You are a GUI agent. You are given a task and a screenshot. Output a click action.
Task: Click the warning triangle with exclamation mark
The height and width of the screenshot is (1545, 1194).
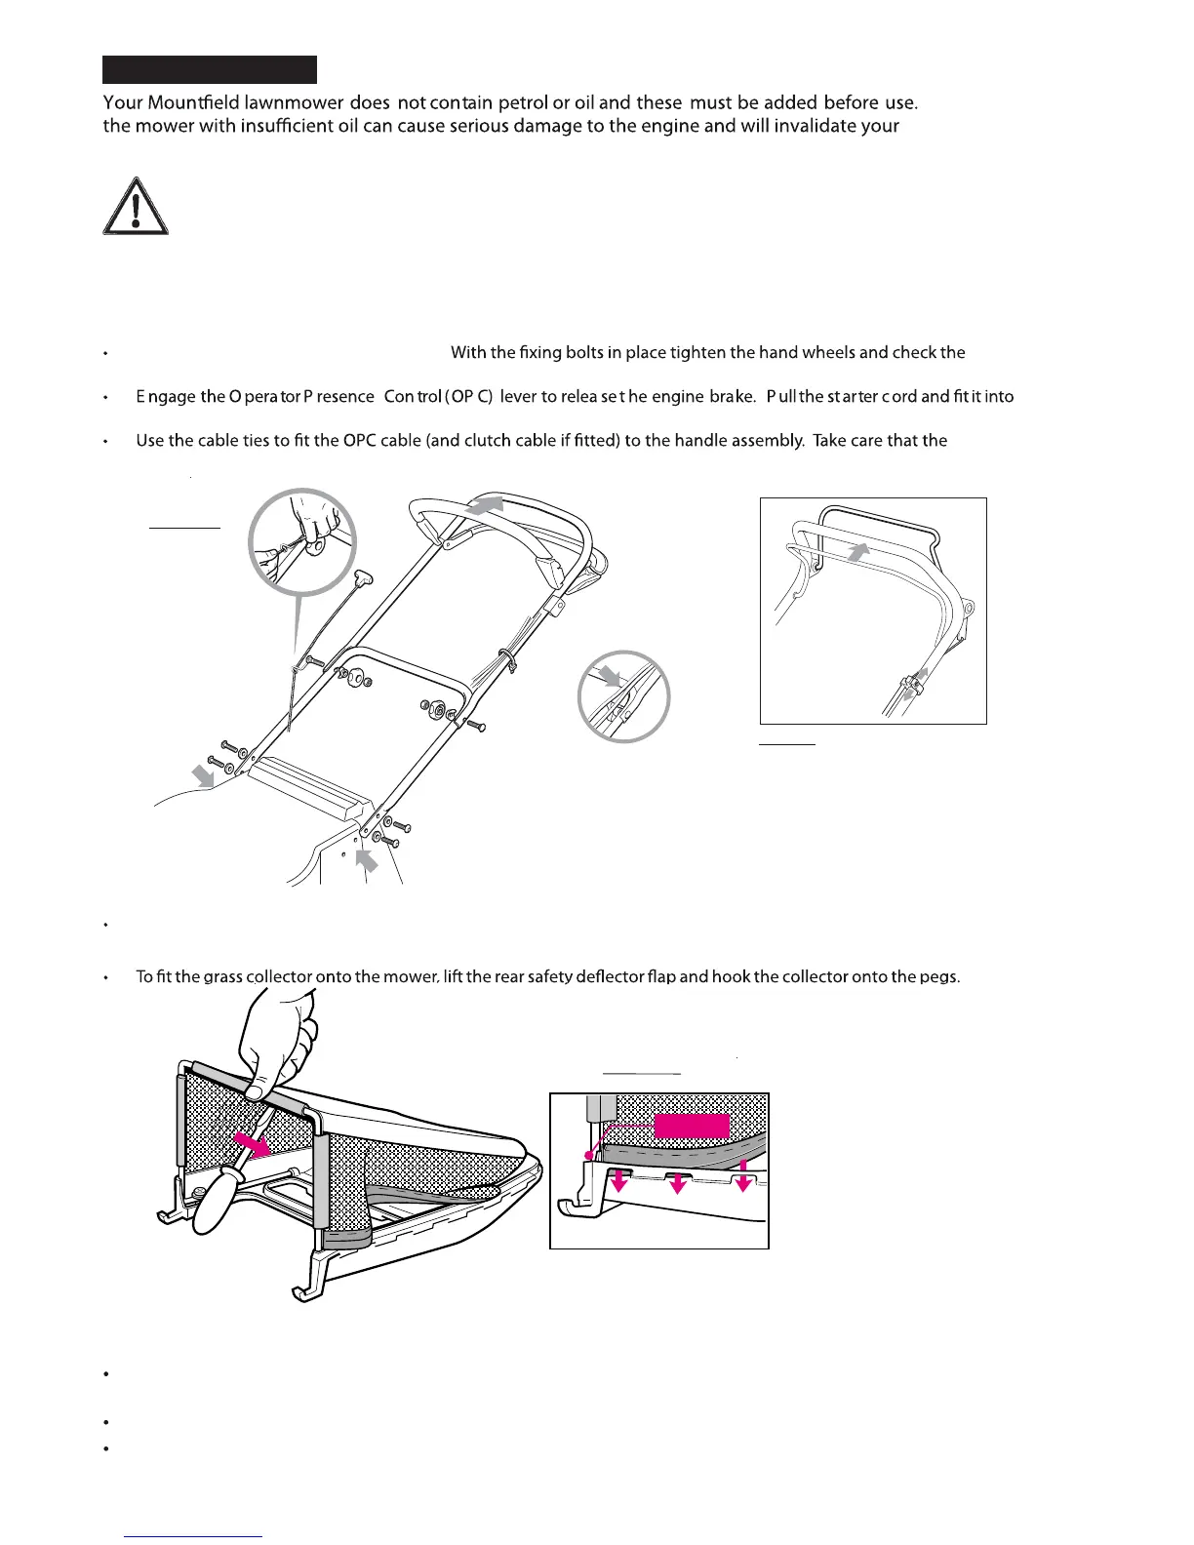click(137, 207)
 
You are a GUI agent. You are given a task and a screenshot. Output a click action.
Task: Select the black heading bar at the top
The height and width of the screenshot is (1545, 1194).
click(210, 69)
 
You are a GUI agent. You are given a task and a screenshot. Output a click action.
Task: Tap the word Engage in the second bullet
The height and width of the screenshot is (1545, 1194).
click(166, 397)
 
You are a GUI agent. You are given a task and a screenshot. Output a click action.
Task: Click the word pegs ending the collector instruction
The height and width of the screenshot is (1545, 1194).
click(939, 977)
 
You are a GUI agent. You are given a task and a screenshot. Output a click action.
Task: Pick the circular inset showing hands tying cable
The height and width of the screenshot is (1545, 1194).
click(302, 541)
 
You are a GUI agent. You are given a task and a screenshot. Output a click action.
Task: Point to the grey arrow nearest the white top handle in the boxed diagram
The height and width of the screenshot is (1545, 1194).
click(858, 552)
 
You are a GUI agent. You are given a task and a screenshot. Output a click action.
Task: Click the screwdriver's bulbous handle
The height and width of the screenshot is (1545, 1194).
click(217, 1200)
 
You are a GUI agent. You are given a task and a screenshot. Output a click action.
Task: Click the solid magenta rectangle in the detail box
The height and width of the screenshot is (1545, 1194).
click(692, 1126)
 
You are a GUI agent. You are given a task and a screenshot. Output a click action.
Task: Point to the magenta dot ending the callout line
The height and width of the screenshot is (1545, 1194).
click(588, 1156)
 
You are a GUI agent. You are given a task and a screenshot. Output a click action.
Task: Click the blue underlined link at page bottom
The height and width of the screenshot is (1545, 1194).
click(194, 1536)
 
